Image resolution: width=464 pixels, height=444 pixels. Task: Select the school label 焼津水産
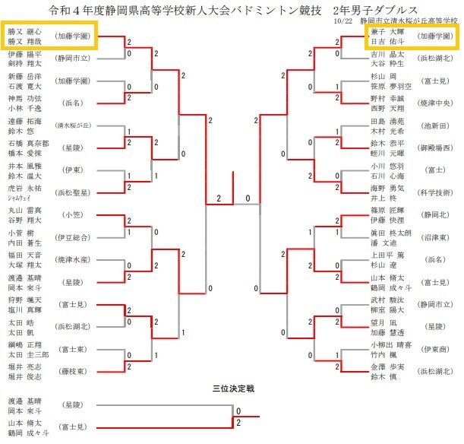pyautogui.click(x=75, y=260)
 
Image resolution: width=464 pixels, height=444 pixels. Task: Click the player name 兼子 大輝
pyautogui.click(x=383, y=32)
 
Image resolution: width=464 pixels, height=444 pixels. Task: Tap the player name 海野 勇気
pyautogui.click(x=382, y=188)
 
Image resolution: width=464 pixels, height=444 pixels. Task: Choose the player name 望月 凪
pyautogui.click(x=381, y=322)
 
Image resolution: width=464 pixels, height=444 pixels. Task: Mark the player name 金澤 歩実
pyautogui.click(x=382, y=366)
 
